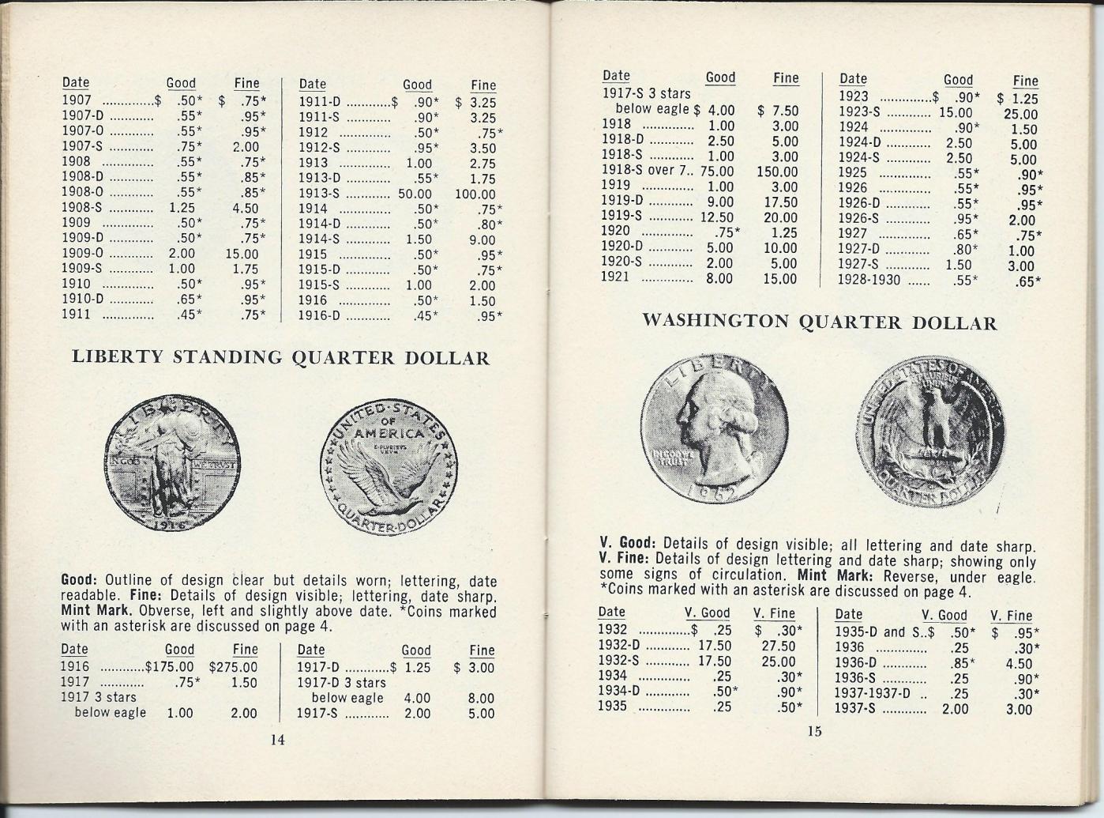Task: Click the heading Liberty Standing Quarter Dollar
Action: click(x=280, y=357)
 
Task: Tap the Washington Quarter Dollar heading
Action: click(x=819, y=322)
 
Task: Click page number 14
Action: click(x=277, y=740)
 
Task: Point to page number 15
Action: click(x=814, y=731)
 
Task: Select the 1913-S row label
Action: click(x=319, y=194)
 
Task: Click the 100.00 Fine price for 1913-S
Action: click(x=475, y=194)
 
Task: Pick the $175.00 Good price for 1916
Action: click(x=169, y=666)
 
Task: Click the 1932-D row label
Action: click(x=618, y=646)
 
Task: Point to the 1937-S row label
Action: click(x=855, y=709)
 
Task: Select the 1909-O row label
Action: click(x=82, y=254)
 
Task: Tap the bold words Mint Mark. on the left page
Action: click(x=96, y=611)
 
